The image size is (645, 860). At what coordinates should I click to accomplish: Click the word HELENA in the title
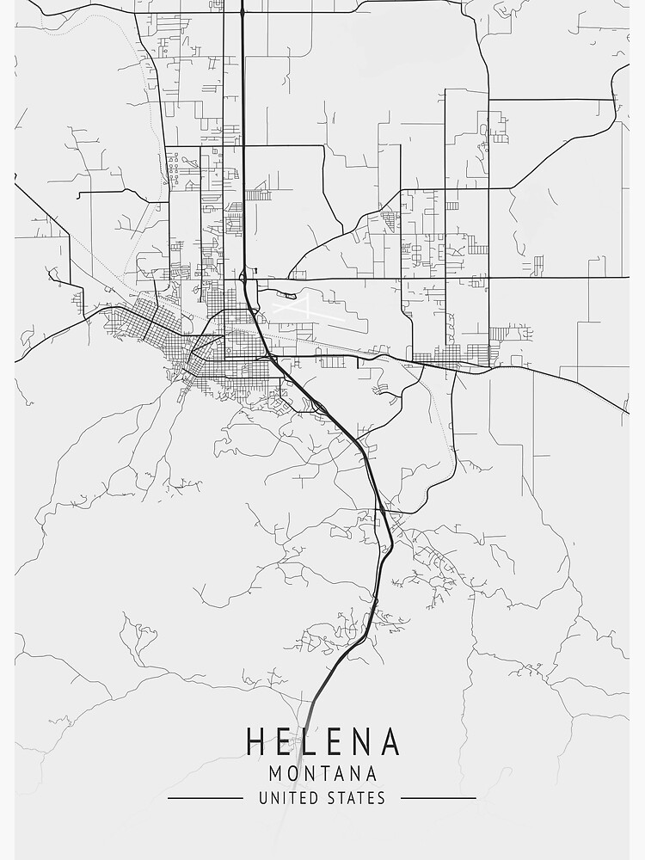click(x=322, y=741)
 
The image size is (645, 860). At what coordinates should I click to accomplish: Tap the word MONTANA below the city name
click(x=322, y=773)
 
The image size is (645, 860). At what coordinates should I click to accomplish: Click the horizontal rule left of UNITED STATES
click(x=205, y=798)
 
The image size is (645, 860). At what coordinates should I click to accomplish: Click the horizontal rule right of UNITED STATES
click(x=439, y=798)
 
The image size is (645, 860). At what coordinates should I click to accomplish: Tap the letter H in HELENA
click(x=256, y=741)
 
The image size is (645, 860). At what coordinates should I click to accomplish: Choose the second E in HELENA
click(x=337, y=741)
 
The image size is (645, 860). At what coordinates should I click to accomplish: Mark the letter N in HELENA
click(x=364, y=741)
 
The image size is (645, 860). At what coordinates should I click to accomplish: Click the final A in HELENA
click(x=390, y=741)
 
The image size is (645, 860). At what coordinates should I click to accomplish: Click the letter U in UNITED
click(x=263, y=798)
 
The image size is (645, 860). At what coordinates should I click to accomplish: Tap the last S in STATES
click(x=381, y=798)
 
